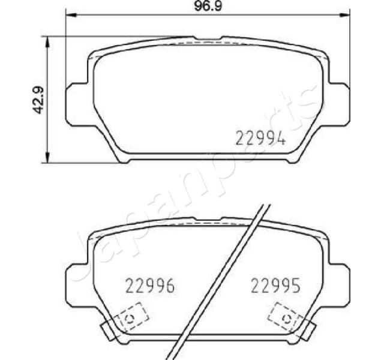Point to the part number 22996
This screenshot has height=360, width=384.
pos(149,286)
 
